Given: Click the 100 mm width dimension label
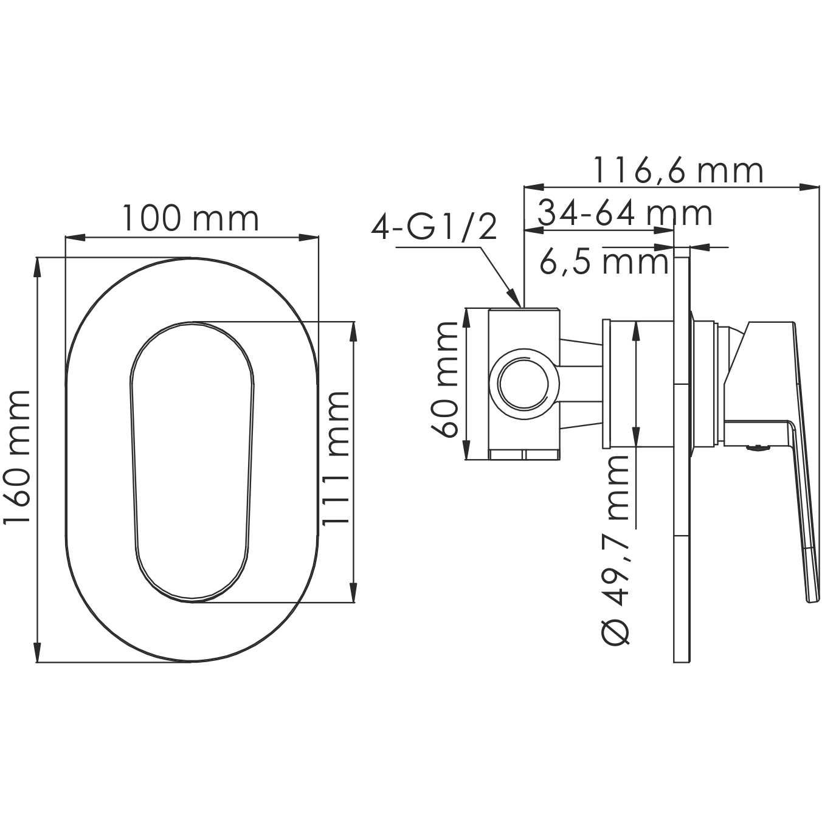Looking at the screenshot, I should [x=191, y=218].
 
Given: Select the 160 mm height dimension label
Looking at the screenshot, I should [x=16, y=458].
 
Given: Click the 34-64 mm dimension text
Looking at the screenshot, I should [x=625, y=214].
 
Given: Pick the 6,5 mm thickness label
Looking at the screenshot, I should [x=603, y=263].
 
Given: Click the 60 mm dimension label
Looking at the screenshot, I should [x=444, y=380].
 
